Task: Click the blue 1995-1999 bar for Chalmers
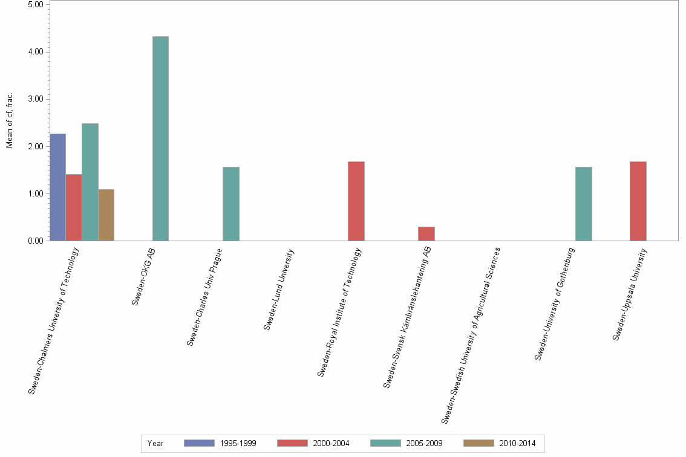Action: click(x=58, y=187)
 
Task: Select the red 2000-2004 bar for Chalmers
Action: click(x=74, y=207)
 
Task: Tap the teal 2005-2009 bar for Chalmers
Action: click(x=90, y=182)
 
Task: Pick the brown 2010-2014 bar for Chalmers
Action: click(x=106, y=215)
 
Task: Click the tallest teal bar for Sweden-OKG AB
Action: click(x=160, y=138)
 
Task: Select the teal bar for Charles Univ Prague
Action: click(x=231, y=204)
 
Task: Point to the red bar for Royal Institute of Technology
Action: click(x=356, y=201)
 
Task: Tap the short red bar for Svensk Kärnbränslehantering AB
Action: click(x=426, y=234)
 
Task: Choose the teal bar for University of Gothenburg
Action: click(x=584, y=204)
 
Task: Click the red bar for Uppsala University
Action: click(x=638, y=201)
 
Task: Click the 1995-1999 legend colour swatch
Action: click(x=199, y=443)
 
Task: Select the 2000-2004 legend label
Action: click(x=331, y=443)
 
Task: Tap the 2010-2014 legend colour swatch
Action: click(x=479, y=443)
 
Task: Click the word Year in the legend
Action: click(x=155, y=443)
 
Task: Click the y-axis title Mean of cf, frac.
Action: click(x=9, y=120)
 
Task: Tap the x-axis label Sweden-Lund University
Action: click(x=278, y=290)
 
